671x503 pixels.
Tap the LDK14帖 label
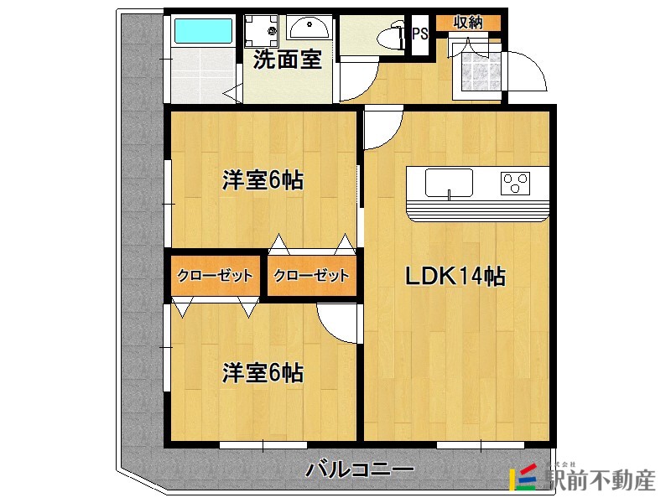[455, 276]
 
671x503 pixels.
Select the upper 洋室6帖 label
[263, 180]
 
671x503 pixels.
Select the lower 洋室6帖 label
[263, 372]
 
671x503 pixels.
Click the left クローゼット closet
[216, 276]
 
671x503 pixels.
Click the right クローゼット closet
[311, 276]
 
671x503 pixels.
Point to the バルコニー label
[359, 469]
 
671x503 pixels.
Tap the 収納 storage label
[468, 23]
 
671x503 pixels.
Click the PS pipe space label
[419, 35]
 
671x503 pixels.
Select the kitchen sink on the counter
[449, 183]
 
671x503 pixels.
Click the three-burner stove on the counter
[515, 182]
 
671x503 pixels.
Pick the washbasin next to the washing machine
[308, 30]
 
